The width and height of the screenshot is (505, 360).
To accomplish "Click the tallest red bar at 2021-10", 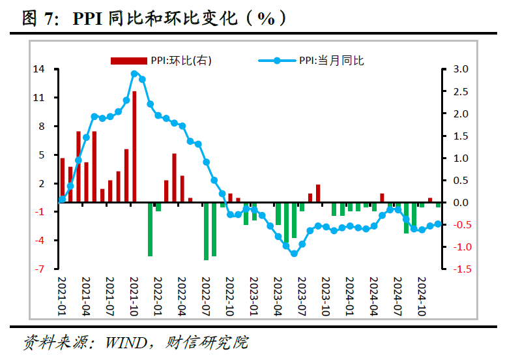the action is tap(134, 147).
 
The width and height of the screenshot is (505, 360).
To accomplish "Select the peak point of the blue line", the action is tap(135, 74).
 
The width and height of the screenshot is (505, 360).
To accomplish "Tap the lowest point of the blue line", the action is tap(294, 254).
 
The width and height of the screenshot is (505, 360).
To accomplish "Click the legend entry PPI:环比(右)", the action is tap(161, 61).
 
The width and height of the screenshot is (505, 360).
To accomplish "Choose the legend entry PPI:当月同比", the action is tap(311, 61).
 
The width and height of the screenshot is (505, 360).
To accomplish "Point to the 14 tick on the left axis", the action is tap(39, 69).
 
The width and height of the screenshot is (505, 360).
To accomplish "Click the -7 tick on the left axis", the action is tap(40, 269).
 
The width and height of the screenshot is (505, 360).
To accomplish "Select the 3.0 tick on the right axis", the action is tap(461, 69).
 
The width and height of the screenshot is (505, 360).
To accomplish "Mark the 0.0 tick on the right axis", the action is tap(461, 203).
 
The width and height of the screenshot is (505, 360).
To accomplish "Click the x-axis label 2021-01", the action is tap(62, 296).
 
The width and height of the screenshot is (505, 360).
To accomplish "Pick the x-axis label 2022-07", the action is tap(206, 296).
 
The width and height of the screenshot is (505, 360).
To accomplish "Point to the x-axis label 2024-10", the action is tap(422, 296).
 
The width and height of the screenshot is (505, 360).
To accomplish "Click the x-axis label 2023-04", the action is tap(278, 296).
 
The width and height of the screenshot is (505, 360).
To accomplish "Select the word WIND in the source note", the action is tap(126, 342).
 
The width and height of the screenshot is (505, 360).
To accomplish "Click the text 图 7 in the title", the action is tap(37, 18).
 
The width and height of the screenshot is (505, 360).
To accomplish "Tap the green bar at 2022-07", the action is tap(206, 231).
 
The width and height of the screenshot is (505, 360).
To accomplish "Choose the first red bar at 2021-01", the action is tap(63, 180).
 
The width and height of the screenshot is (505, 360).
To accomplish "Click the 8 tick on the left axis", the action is tap(42, 126).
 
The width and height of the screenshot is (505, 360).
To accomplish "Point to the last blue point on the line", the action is tap(438, 224).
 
